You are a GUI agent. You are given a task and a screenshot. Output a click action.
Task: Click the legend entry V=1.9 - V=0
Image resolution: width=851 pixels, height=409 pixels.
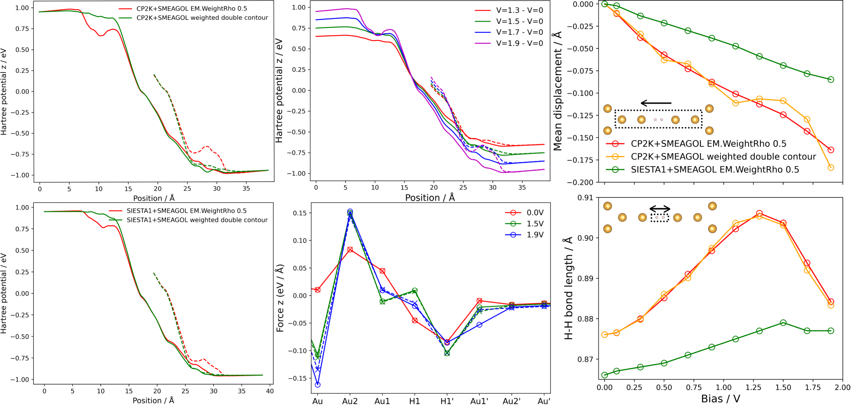tap(519, 43)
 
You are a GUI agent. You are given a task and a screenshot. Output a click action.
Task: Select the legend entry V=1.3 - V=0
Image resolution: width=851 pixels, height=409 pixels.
tap(519, 10)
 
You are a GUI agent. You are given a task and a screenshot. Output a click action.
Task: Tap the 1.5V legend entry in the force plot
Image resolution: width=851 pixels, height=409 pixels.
tap(535, 223)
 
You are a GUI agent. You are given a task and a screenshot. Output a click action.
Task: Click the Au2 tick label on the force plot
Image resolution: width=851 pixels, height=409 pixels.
tap(350, 401)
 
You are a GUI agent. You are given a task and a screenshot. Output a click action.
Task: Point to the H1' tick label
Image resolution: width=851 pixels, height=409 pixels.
tap(447, 401)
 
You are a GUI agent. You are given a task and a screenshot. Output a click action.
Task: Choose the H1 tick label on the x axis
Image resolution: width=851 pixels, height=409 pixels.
tap(415, 401)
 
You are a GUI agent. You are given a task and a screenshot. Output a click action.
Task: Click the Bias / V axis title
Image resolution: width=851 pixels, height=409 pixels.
tap(720, 399)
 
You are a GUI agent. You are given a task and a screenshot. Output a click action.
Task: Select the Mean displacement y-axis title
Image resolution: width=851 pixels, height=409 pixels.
tap(557, 91)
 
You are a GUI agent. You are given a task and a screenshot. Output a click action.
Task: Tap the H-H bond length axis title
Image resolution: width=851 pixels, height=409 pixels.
tap(568, 288)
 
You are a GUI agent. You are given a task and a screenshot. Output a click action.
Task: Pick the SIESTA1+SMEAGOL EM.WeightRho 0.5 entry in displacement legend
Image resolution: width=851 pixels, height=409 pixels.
tap(714, 170)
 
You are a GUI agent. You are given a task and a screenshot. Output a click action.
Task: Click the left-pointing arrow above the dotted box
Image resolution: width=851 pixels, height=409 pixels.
tap(656, 103)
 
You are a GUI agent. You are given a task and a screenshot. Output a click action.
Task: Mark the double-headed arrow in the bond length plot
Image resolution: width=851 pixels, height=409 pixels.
tap(660, 208)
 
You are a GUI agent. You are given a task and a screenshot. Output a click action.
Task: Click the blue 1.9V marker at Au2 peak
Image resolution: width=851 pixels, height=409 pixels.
tap(350, 212)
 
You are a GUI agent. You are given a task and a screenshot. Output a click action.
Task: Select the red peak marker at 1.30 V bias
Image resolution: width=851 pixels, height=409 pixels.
tap(760, 214)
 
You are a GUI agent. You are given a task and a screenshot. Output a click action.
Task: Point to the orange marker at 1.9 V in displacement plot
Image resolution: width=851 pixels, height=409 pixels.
tap(831, 167)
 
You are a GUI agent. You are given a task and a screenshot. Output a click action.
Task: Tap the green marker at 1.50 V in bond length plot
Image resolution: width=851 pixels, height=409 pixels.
tap(783, 323)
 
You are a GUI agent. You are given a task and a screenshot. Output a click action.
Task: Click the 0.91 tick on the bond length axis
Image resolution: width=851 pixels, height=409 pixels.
tap(586, 197)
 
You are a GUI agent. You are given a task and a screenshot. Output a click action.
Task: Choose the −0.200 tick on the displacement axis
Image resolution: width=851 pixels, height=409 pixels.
tap(581, 182)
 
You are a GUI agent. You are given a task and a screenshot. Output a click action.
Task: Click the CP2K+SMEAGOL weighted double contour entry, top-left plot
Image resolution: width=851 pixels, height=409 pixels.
tap(202, 18)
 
